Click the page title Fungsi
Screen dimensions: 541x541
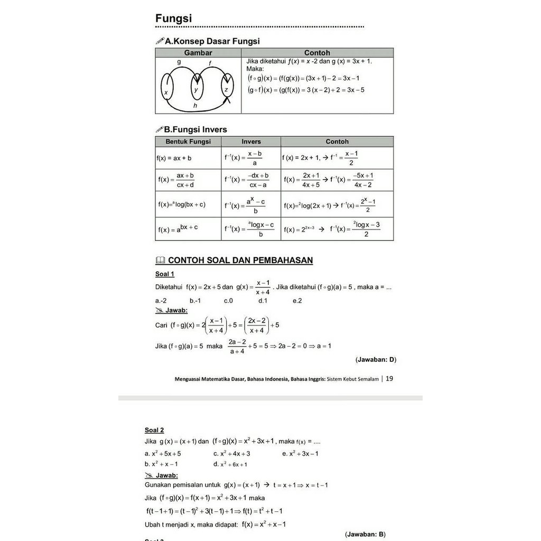(173, 18)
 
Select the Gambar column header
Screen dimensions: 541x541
(198, 53)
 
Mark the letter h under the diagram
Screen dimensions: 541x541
(195, 106)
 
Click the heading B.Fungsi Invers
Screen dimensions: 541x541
(195, 129)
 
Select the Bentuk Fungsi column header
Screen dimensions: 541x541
(188, 142)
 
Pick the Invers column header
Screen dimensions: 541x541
(251, 142)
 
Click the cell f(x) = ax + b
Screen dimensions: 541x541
(174, 158)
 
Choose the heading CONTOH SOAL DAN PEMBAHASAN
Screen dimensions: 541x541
(240, 260)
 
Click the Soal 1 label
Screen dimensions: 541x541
(164, 274)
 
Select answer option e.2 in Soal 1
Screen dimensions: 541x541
(297, 301)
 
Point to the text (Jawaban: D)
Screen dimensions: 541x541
(376, 360)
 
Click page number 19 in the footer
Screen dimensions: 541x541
(389, 378)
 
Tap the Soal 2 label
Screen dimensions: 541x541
(154, 430)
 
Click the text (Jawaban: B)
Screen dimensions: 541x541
(365, 534)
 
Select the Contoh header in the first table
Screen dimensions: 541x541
(317, 53)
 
